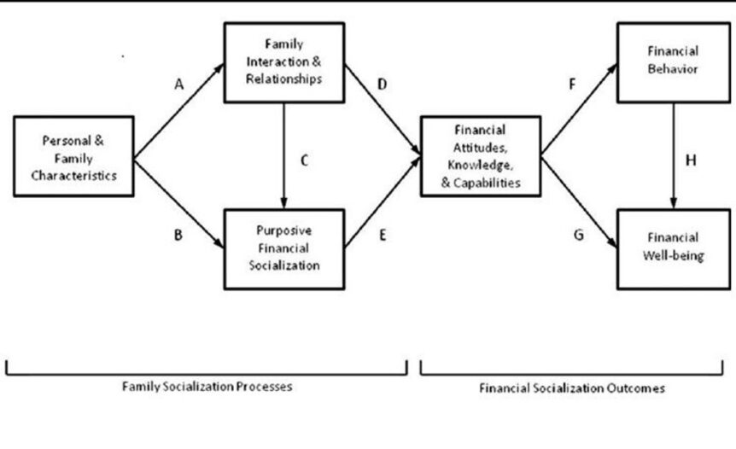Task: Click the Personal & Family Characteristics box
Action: [x=73, y=156]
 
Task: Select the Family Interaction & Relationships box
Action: [x=284, y=62]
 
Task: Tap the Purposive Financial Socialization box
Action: [x=284, y=249]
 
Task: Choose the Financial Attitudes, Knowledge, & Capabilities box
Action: [x=481, y=156]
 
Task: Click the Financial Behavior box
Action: [x=674, y=62]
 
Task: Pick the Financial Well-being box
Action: [x=674, y=249]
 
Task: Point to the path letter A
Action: [x=178, y=85]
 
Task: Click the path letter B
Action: [x=178, y=235]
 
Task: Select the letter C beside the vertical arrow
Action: [x=304, y=160]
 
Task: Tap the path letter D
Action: [x=382, y=85]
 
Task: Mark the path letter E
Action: [x=383, y=235]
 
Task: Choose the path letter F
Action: [x=572, y=85]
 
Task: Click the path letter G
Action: [x=579, y=235]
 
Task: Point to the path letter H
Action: [x=691, y=160]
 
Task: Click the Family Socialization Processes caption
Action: [x=207, y=387]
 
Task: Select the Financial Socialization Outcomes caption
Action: [x=572, y=388]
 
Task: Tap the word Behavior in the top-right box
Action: [x=673, y=69]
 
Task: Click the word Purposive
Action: [x=284, y=230]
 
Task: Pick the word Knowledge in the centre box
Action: [x=480, y=165]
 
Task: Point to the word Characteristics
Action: [x=73, y=176]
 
